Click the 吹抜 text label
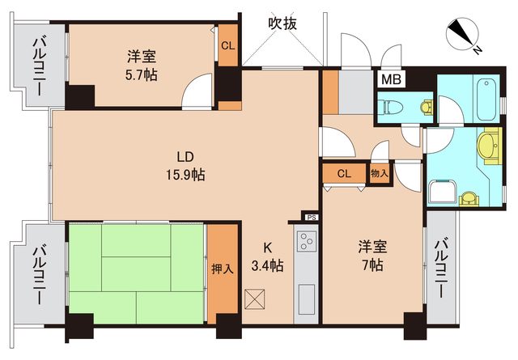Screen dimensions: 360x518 coord(282,24)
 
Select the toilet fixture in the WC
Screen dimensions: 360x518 coord(391,106)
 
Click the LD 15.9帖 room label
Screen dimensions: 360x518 coord(186,165)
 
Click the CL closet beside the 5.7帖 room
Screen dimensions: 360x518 coord(228,46)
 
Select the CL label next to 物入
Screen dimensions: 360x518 coord(343,173)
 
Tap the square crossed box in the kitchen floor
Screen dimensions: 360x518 coord(254,300)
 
